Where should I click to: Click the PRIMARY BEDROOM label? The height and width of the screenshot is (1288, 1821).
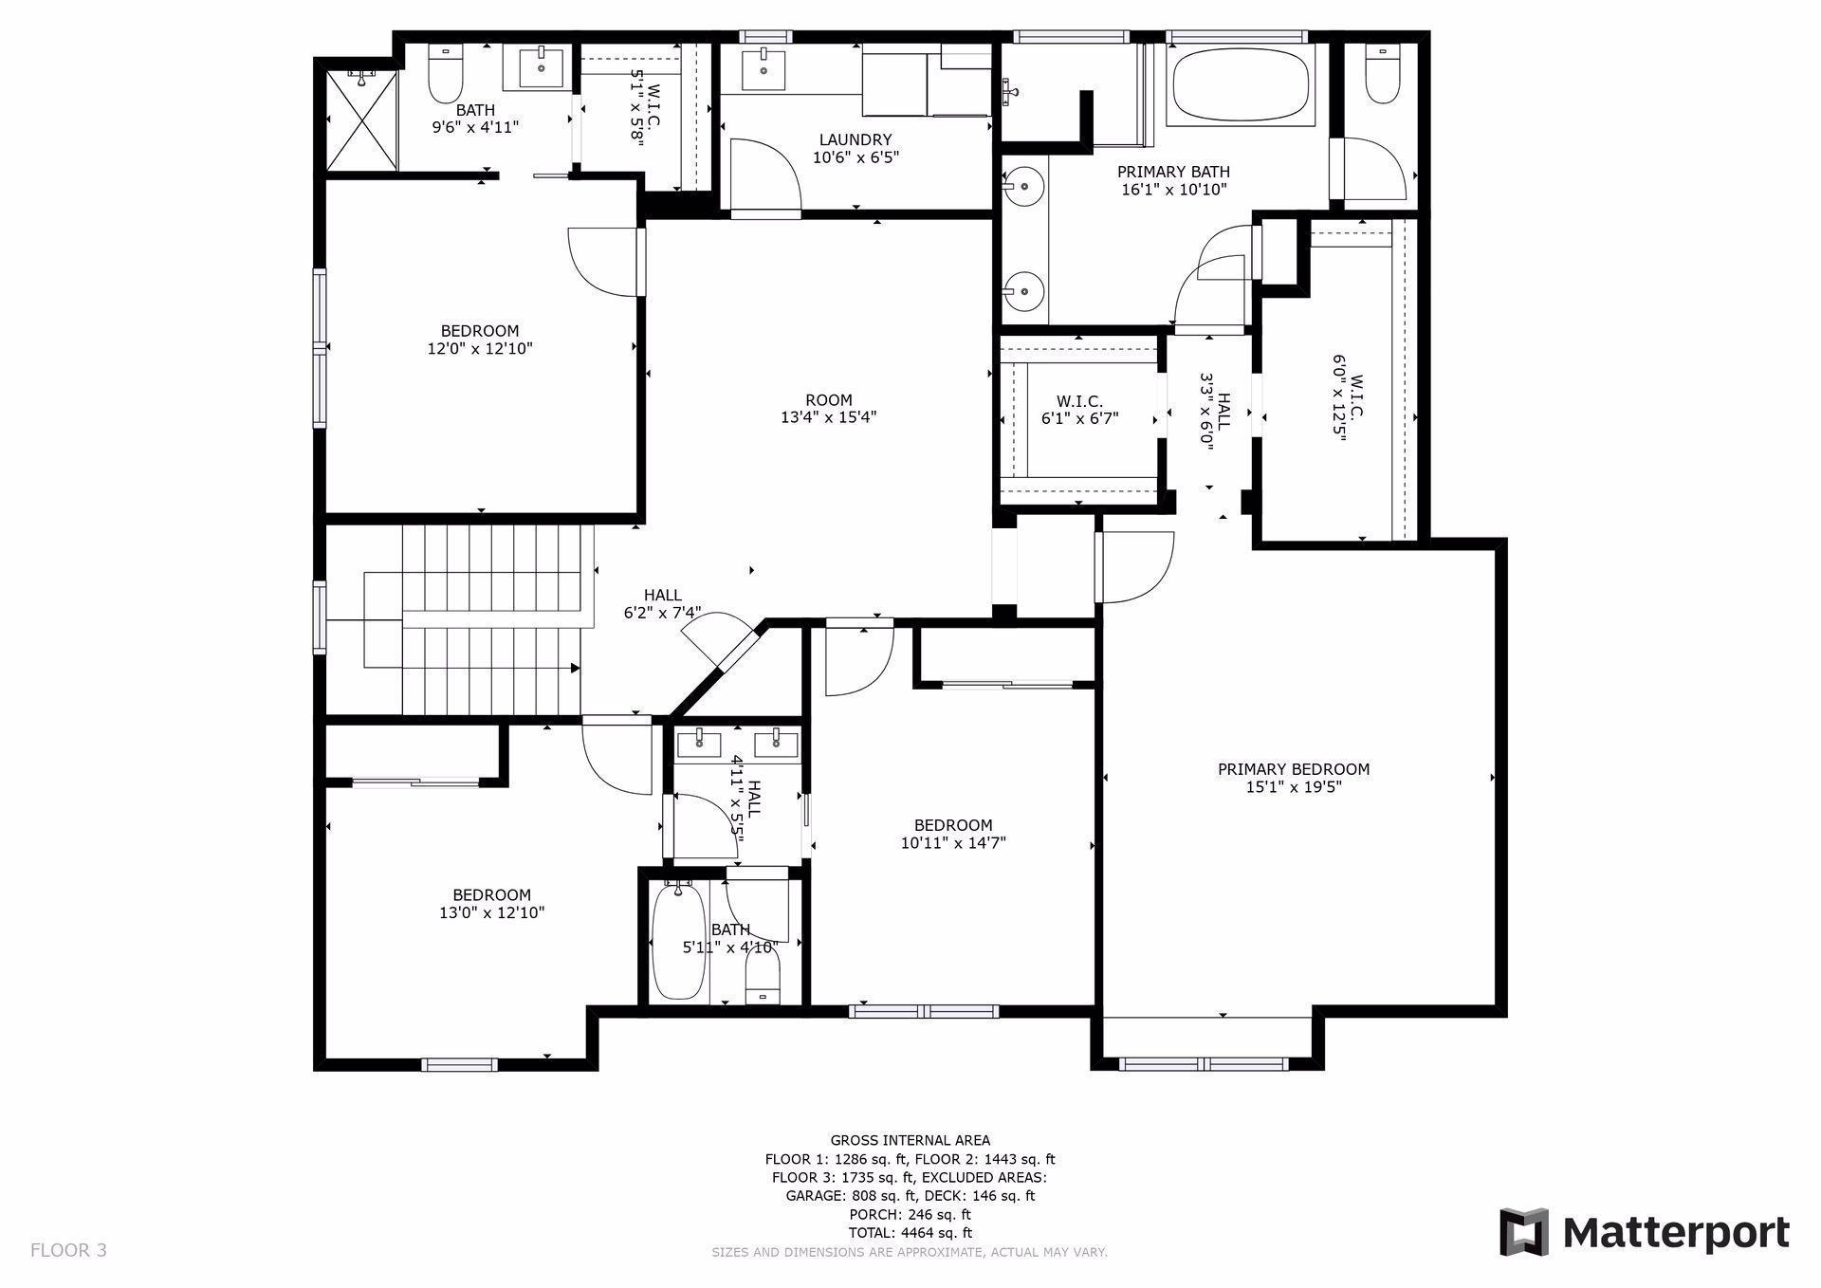1294,769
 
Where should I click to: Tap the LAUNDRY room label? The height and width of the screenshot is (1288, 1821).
855,139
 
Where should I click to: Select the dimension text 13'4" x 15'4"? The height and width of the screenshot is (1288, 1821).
828,417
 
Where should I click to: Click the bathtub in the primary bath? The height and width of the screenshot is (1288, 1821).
1242,83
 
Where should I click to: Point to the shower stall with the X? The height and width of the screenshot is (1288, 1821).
361,119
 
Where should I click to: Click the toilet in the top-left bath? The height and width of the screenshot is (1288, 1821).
446,75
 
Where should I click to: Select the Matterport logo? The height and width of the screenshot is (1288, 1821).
1645,1233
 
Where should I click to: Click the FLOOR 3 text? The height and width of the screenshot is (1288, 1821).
68,1250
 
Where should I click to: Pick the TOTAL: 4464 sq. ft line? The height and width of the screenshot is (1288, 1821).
910,1233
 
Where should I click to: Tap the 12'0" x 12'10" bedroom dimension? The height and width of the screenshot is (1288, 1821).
480,349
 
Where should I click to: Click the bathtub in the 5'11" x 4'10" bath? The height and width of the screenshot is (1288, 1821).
677,941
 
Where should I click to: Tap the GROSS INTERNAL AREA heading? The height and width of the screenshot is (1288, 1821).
910,1141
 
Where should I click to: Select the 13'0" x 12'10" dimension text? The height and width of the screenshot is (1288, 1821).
491,913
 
